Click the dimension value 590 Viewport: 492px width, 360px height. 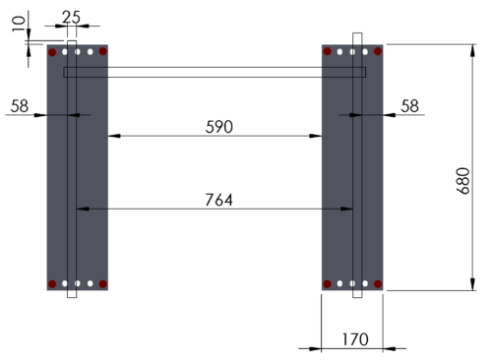(219, 127)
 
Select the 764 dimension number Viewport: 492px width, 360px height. (219, 200)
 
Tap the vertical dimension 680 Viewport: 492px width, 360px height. (462, 181)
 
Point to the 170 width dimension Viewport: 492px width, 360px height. (355, 339)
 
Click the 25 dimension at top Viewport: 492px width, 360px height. (71, 17)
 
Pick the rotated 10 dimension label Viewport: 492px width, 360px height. (19, 24)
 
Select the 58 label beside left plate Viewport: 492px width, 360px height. (20, 106)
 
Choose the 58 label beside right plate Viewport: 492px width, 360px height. (409, 106)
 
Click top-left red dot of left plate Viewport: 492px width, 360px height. (52, 52)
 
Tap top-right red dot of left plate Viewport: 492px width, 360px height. (103, 51)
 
